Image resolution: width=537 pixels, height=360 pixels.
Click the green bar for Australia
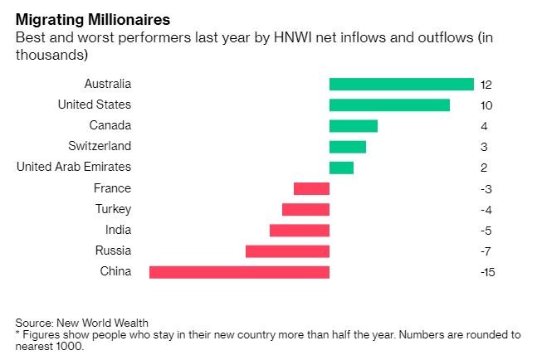point(401,84)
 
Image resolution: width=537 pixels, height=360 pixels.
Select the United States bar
point(389,105)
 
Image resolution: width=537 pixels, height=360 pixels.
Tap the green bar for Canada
point(353,125)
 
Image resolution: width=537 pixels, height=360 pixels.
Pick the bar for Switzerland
point(347,146)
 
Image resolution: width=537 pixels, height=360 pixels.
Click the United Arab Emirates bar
point(341,168)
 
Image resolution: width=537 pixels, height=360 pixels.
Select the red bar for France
point(311,188)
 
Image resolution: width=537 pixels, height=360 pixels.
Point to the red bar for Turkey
point(305,209)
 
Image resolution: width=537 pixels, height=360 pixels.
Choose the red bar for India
point(300,230)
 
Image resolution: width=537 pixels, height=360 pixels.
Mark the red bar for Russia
point(287,251)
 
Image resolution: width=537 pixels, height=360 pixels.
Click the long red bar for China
point(239,271)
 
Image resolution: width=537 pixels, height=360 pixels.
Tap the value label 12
point(486,85)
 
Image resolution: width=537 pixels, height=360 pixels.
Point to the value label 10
point(486,105)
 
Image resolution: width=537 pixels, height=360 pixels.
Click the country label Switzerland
point(100,146)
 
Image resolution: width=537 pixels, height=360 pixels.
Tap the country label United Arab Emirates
point(74,167)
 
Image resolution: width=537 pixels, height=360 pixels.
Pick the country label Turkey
point(113,209)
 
